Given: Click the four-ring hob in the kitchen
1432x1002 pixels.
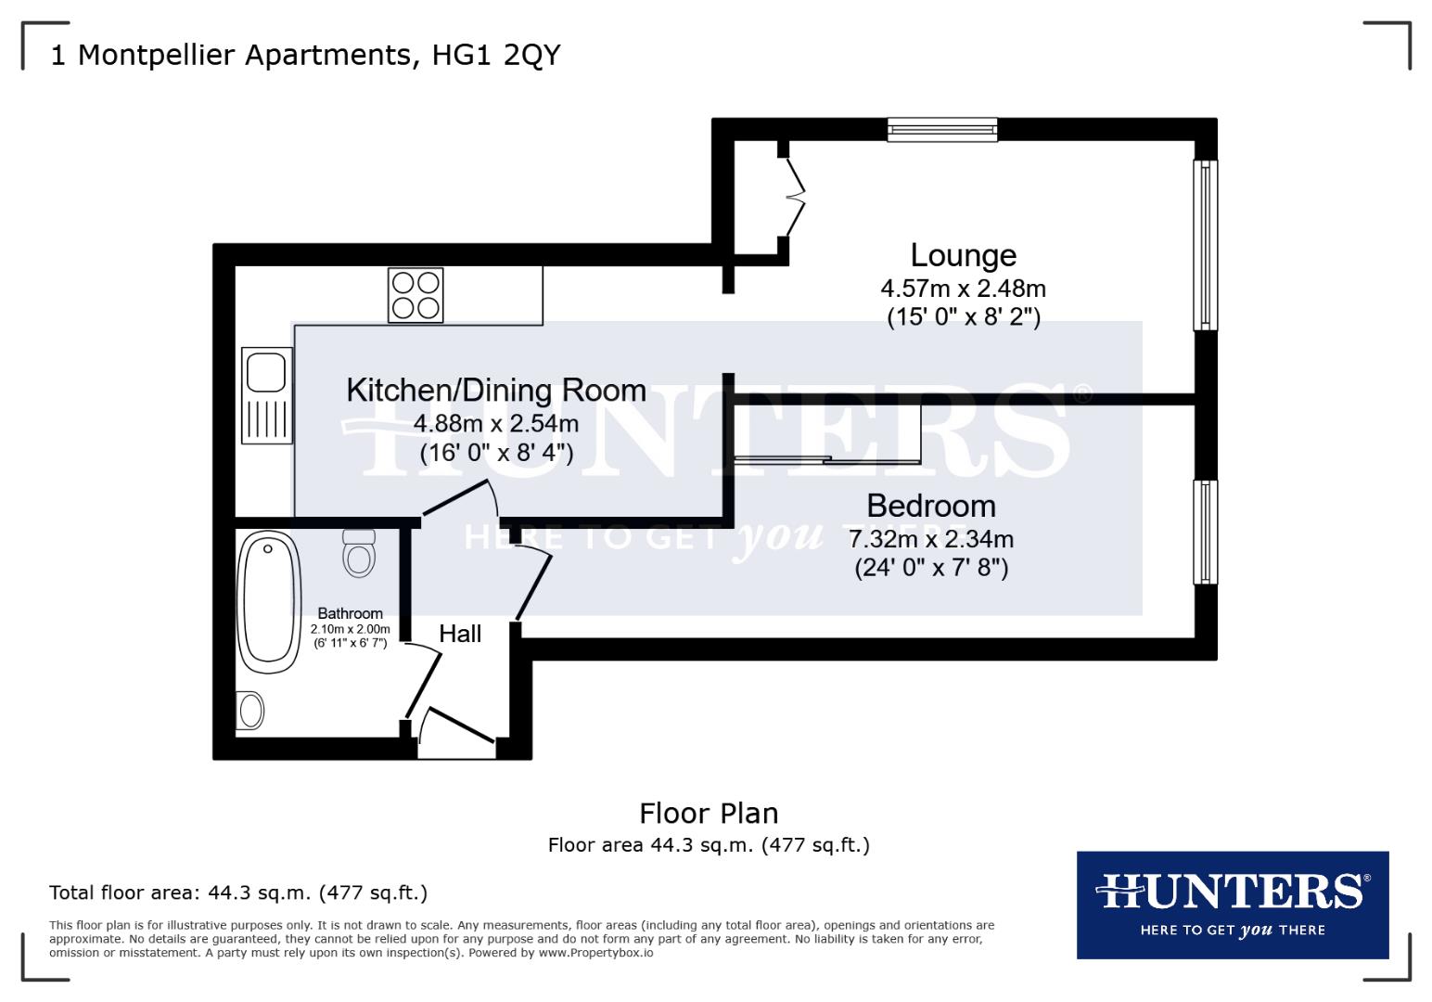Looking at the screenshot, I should [x=416, y=294].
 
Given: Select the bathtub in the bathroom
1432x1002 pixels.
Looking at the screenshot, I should [x=269, y=602].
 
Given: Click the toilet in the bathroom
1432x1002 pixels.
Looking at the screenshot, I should [x=359, y=553].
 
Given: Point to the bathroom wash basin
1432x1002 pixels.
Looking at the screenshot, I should [x=250, y=712].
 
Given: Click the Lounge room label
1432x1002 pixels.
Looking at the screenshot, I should [x=963, y=255].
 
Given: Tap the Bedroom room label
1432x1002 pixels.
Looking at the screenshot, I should [x=931, y=506].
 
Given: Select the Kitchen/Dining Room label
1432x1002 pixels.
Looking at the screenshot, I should [x=496, y=390].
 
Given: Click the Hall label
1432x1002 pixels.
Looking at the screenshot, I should [x=460, y=634].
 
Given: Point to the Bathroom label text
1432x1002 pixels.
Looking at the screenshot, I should [x=350, y=613].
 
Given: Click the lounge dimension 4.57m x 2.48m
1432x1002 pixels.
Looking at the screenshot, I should [x=963, y=289].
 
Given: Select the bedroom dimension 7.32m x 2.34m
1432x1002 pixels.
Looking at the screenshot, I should [x=931, y=539].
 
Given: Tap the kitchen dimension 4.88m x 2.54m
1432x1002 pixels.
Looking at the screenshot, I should [x=496, y=424].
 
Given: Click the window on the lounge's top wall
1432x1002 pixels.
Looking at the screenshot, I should [x=941, y=130].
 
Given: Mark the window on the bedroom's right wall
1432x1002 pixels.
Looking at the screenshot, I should [x=1205, y=532].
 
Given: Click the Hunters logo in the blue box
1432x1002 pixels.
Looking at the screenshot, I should [x=1232, y=904].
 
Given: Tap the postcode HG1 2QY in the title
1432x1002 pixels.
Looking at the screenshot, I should [x=496, y=56].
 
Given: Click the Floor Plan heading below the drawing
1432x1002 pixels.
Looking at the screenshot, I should [x=709, y=814].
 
